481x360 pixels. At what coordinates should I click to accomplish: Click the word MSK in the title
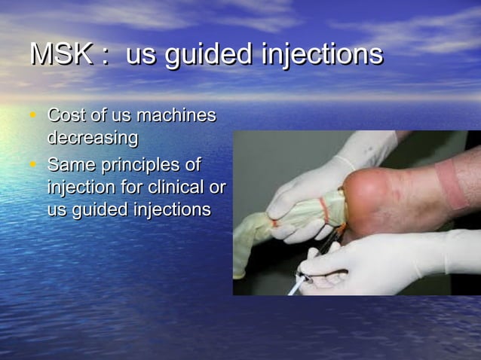(x=60, y=54)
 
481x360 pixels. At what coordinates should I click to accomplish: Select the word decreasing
(x=93, y=139)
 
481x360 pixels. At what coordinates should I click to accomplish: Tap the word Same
(x=69, y=163)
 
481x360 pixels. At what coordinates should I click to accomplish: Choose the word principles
(x=149, y=165)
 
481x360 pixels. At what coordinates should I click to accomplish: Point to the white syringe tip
(x=294, y=288)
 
